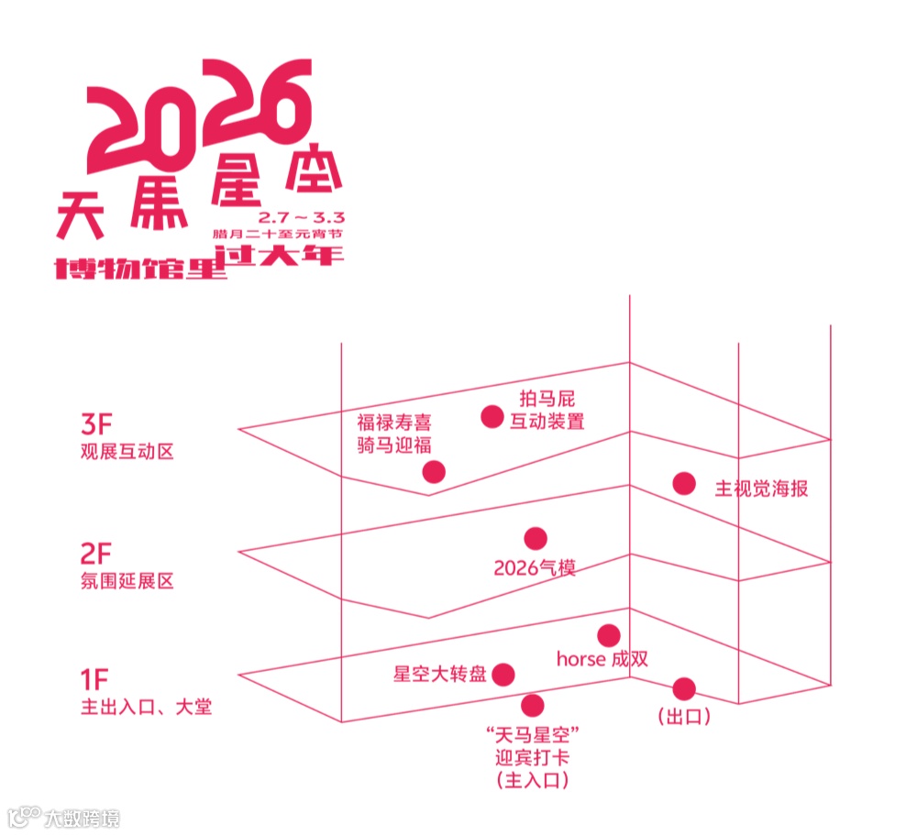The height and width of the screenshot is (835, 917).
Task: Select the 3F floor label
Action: pyautogui.click(x=95, y=425)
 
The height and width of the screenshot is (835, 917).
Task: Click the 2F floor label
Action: pyautogui.click(x=95, y=554)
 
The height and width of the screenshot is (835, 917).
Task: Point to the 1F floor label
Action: pyautogui.click(x=94, y=680)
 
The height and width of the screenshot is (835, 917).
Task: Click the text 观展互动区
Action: pyautogui.click(x=127, y=453)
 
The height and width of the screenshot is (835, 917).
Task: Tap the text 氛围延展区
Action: pyautogui.click(x=127, y=581)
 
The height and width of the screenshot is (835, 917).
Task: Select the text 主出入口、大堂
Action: pyautogui.click(x=146, y=708)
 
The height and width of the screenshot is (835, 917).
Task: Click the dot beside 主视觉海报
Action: pyautogui.click(x=683, y=483)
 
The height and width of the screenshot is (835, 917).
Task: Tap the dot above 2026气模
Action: pyautogui.click(x=536, y=538)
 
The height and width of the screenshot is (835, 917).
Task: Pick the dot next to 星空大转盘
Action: pyautogui.click(x=503, y=675)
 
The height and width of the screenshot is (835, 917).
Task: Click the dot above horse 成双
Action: pyautogui.click(x=608, y=635)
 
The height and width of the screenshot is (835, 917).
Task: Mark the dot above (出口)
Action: pyautogui.click(x=684, y=688)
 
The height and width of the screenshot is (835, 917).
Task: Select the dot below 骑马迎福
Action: pyautogui.click(x=434, y=472)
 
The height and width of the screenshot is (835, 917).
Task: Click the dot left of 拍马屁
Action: pyautogui.click(x=492, y=416)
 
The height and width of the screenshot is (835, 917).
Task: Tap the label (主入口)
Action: pyautogui.click(x=533, y=781)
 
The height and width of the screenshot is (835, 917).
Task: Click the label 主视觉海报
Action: pyautogui.click(x=761, y=489)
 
